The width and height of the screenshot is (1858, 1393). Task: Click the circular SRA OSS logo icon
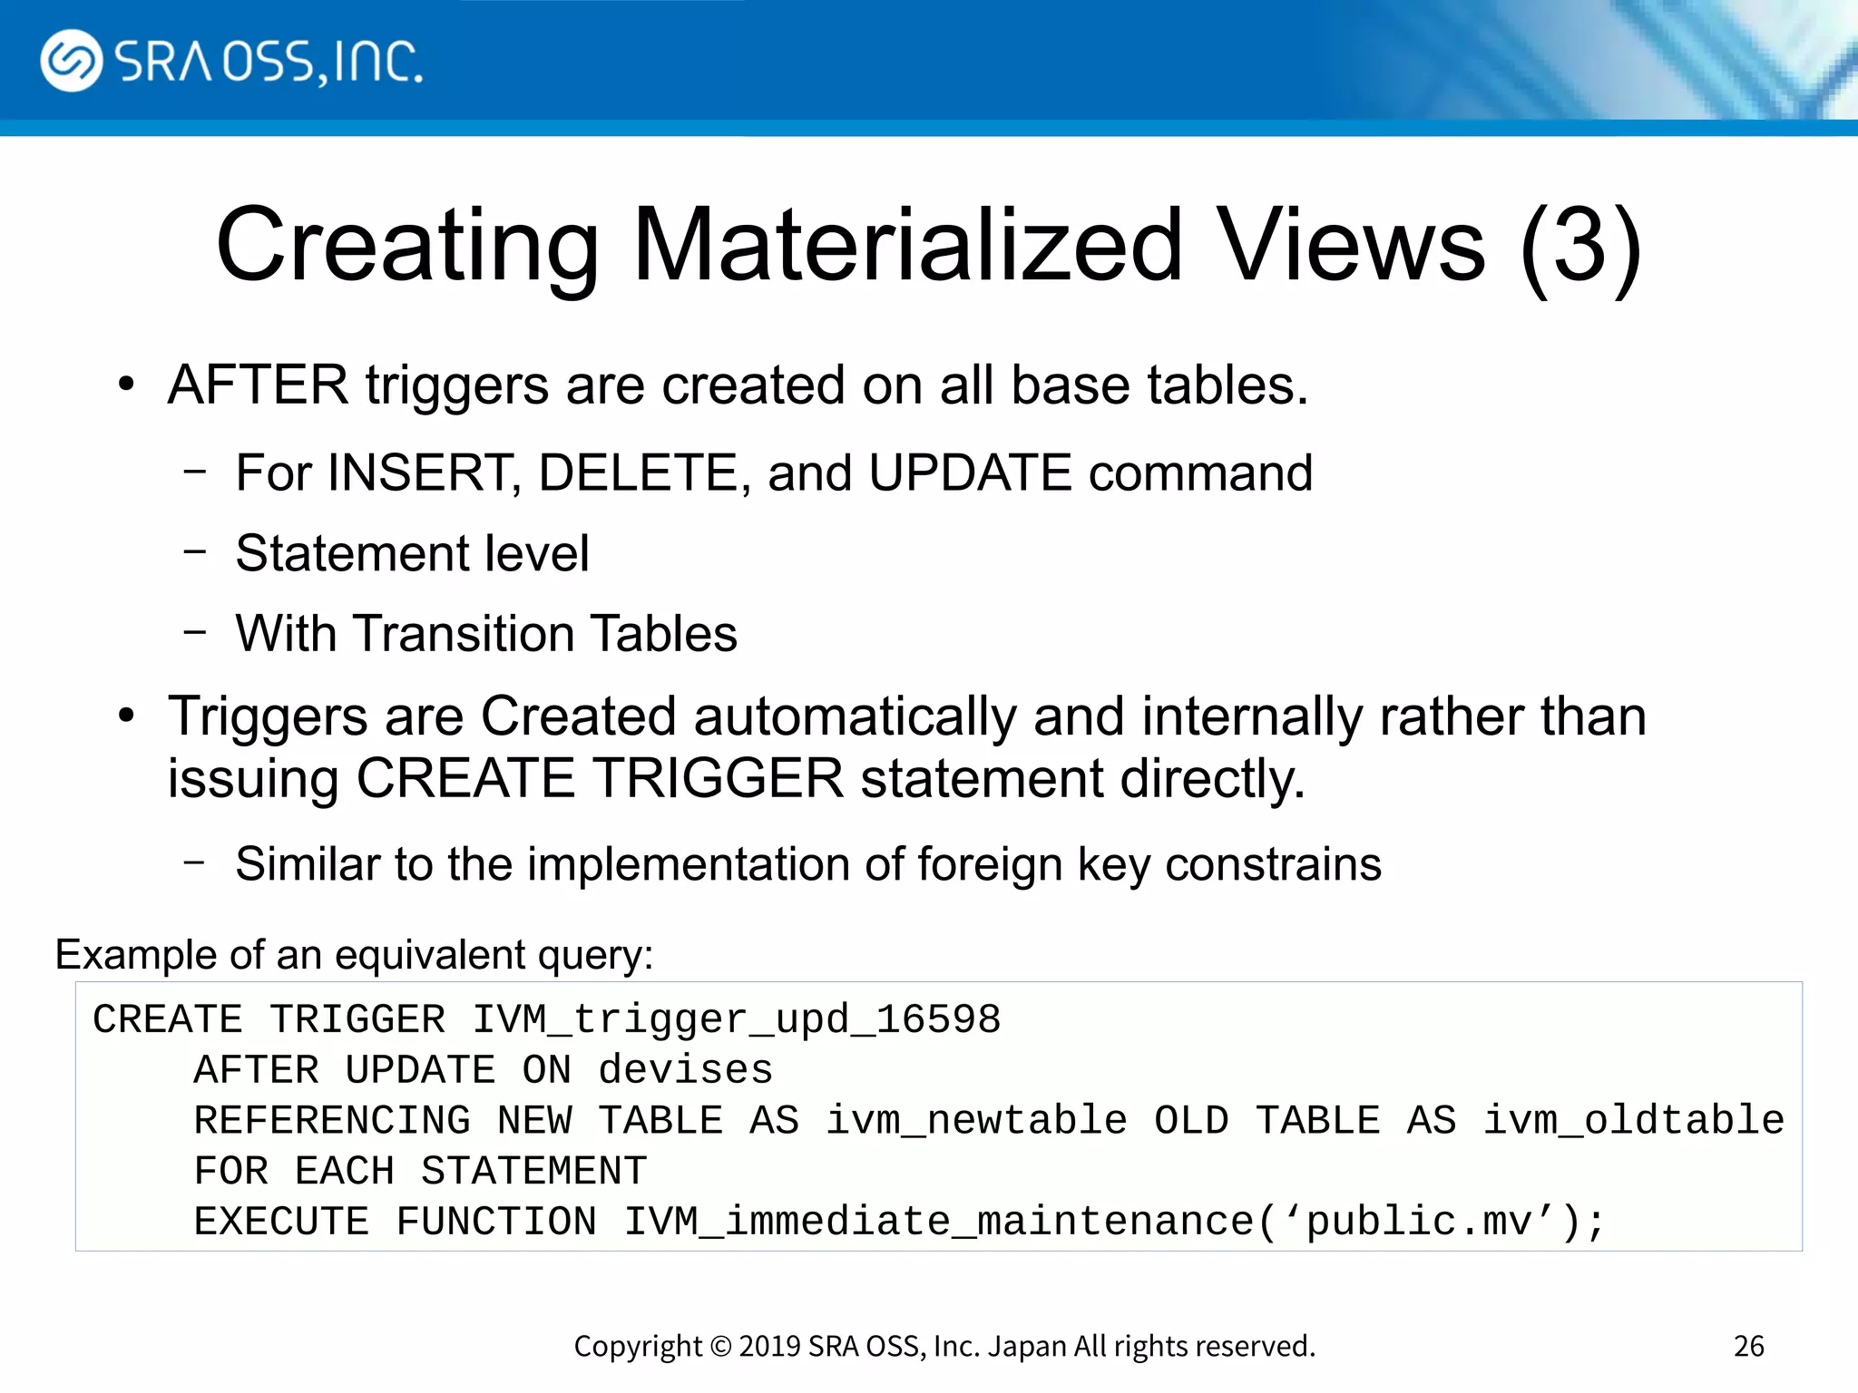(71, 61)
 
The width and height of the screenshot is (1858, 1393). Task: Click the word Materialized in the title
(907, 245)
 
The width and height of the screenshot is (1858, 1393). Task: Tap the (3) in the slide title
(1579, 245)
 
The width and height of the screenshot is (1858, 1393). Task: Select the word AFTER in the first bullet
(258, 385)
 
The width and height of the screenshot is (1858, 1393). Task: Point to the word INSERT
(423, 472)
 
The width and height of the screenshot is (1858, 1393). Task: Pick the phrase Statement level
(412, 553)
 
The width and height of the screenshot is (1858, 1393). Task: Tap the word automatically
(856, 716)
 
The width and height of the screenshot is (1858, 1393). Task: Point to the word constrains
(1273, 863)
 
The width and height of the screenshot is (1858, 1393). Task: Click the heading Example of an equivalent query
(354, 955)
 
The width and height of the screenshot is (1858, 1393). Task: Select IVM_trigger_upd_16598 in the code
(736, 1020)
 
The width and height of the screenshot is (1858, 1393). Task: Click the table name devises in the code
(685, 1071)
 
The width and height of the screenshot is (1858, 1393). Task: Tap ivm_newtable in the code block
(976, 1121)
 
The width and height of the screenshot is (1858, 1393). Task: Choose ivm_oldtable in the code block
(1633, 1121)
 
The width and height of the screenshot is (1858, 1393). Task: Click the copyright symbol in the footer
(720, 1347)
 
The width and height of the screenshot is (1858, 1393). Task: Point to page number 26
(1748, 1347)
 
